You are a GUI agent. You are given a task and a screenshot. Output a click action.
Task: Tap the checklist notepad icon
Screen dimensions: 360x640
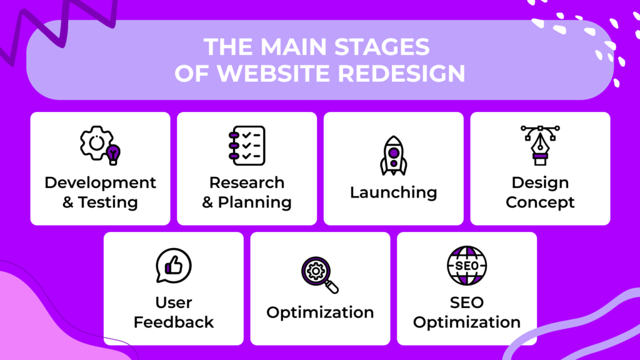(247, 144)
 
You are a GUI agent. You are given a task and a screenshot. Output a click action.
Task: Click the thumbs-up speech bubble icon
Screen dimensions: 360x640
(173, 266)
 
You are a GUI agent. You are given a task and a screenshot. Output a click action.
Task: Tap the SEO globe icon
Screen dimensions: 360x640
(466, 266)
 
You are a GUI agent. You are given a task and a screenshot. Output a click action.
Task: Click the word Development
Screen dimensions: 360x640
(100, 182)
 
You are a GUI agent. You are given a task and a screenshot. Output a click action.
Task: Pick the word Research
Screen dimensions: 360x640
(247, 182)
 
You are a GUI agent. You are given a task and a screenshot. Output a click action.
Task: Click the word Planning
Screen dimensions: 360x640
(255, 202)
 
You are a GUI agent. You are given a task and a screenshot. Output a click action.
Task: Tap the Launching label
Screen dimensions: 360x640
(393, 192)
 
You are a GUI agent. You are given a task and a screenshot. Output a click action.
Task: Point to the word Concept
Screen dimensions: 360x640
(540, 202)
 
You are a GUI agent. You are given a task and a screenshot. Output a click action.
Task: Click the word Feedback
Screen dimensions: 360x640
(174, 322)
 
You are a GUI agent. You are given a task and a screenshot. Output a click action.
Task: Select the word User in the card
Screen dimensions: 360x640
(174, 302)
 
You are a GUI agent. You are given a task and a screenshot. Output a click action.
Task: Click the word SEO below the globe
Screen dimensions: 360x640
(466, 302)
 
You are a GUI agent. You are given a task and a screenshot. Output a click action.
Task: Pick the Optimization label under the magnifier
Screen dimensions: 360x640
(320, 312)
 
